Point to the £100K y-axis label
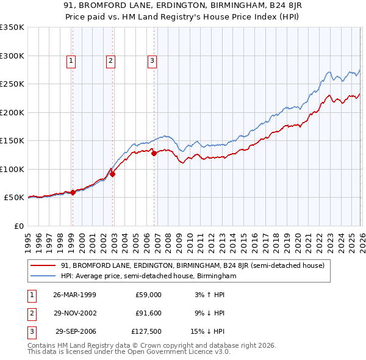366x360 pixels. point(12,169)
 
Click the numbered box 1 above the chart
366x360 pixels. point(71,60)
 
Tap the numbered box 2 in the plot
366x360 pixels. point(110,60)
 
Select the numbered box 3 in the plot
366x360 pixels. point(152,60)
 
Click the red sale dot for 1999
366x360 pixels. point(73,192)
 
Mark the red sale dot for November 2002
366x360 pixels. point(113,174)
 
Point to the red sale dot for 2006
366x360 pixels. point(154,154)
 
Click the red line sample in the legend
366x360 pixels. point(44,266)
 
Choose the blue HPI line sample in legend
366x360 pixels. point(44,276)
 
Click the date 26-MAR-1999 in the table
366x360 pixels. point(74,295)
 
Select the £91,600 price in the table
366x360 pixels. point(149,314)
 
